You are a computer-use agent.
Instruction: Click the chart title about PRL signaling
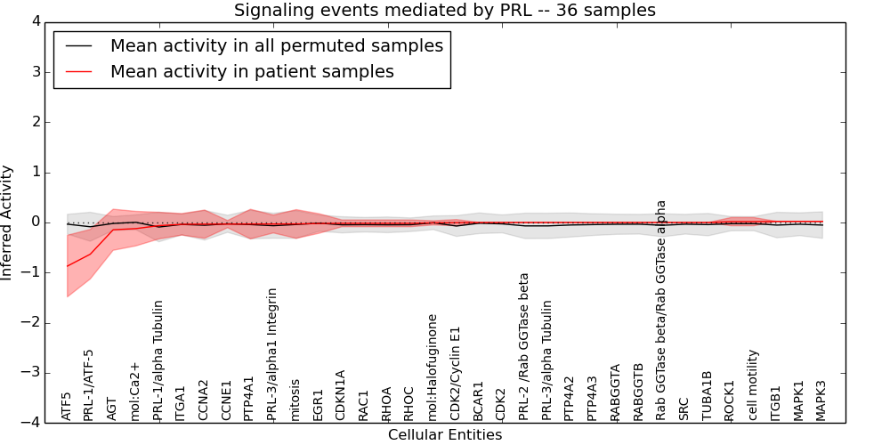[x=444, y=11]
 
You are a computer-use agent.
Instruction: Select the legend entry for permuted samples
[x=276, y=46]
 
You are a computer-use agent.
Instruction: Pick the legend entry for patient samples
[x=252, y=72]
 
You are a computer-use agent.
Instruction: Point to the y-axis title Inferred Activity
[x=8, y=222]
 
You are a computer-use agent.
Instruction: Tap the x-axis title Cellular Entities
[x=444, y=435]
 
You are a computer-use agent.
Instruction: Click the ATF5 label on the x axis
[x=67, y=406]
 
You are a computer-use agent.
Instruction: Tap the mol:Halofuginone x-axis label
[x=433, y=367]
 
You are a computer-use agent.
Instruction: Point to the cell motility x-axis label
[x=753, y=384]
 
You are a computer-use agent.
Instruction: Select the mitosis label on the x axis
[x=295, y=400]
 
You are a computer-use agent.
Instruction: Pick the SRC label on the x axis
[x=684, y=409]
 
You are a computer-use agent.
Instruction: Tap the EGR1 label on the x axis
[x=319, y=405]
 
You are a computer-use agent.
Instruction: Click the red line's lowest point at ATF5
[x=68, y=266]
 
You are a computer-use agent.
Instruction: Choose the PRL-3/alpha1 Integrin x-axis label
[x=272, y=354]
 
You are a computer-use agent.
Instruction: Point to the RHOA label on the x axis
[x=387, y=403]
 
